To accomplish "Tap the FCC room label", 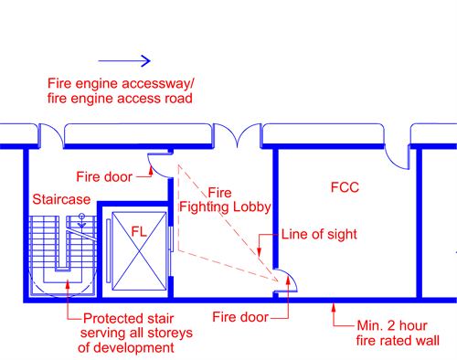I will click(345, 188).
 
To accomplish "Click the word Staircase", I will click(61, 198).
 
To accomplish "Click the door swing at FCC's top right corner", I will click(399, 156).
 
